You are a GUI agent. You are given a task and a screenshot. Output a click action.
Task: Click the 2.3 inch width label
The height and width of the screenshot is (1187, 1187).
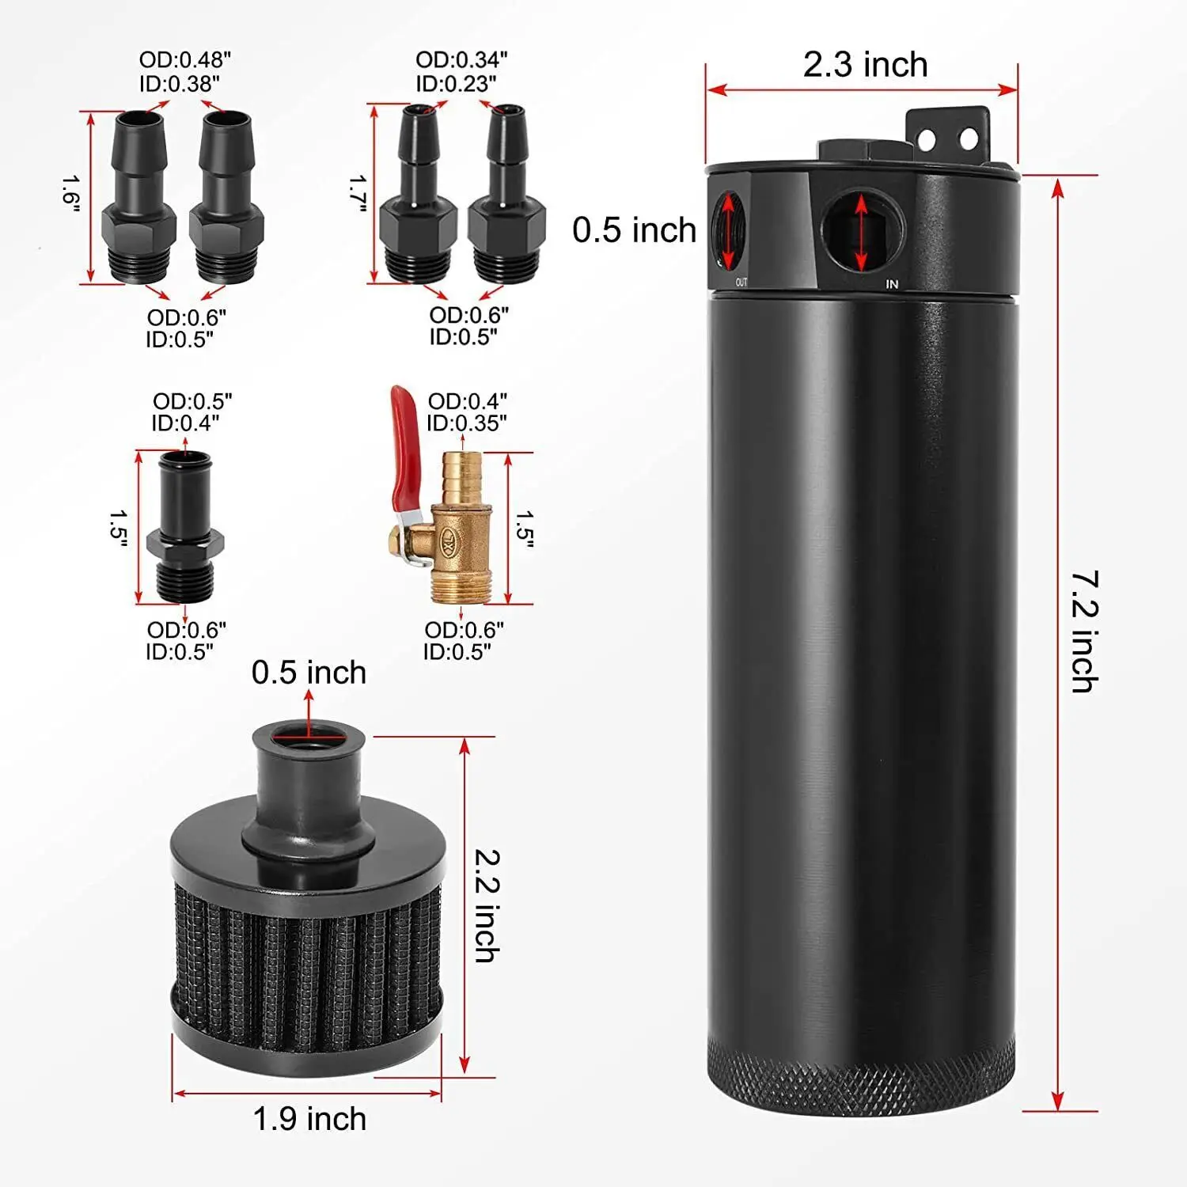click(865, 65)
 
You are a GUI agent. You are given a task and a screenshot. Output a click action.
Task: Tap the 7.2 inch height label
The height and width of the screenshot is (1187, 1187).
click(1085, 631)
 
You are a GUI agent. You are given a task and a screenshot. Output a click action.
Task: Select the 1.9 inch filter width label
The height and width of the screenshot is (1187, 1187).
click(309, 1119)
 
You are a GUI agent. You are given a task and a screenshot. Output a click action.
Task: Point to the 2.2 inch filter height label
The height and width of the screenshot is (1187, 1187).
click(486, 905)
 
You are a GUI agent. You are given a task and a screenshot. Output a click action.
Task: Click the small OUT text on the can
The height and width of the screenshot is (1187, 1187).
click(741, 283)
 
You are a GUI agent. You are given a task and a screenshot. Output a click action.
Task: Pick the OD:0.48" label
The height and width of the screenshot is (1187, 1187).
click(185, 60)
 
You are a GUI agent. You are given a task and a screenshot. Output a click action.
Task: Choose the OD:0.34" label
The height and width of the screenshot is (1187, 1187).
click(461, 60)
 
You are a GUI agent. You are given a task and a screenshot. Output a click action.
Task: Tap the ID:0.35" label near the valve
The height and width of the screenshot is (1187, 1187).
click(467, 423)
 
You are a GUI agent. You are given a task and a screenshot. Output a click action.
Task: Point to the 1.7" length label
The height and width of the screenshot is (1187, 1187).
click(358, 194)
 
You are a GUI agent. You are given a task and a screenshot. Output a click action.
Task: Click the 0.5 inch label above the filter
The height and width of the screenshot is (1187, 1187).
click(309, 673)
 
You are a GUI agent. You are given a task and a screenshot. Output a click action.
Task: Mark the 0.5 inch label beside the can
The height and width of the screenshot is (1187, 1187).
click(634, 230)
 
